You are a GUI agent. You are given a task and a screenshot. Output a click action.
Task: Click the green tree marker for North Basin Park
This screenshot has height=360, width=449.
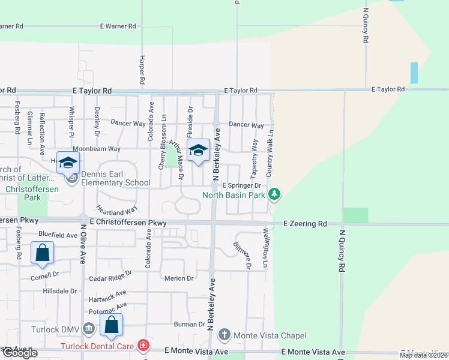274,194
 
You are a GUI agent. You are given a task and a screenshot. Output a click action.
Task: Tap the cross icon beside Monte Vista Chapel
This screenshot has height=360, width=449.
224,335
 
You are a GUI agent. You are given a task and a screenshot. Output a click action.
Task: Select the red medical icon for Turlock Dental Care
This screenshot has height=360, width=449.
143,346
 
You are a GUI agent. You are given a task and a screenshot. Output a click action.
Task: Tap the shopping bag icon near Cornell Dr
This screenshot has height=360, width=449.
43,254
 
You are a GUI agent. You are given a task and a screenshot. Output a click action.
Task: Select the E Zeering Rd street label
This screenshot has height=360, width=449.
306,223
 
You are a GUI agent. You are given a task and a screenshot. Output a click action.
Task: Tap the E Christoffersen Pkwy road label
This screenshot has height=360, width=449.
127,222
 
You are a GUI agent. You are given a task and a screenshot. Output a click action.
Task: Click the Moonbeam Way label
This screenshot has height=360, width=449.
97,148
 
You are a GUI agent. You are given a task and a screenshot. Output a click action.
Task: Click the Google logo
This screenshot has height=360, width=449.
19,353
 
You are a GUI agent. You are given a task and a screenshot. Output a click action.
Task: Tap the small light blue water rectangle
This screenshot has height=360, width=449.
414,73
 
